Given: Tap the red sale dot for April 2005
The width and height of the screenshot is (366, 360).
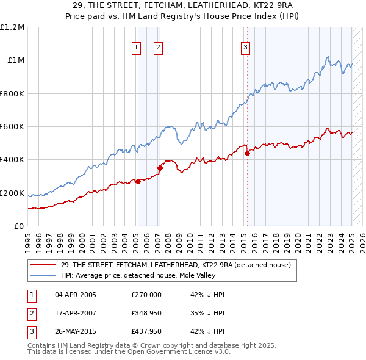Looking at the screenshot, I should click(x=138, y=181).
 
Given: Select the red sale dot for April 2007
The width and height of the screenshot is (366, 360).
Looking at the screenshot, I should click(x=160, y=168).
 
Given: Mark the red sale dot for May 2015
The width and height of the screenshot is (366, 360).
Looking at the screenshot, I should click(x=247, y=154).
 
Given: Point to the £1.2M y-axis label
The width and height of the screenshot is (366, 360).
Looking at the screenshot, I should click(x=12, y=27).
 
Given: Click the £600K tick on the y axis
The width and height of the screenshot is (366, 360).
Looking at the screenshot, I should click(x=12, y=127).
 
